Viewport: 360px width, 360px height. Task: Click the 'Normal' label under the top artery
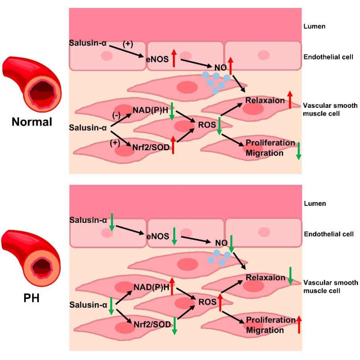[32, 122]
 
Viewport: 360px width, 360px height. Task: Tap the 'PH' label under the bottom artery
[31, 298]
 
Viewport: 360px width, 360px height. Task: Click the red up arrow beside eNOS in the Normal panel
[174, 58]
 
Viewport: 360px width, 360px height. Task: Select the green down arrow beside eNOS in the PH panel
[174, 236]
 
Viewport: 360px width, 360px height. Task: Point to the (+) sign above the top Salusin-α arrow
[128, 44]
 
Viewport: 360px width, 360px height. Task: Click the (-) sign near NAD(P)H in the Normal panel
[116, 115]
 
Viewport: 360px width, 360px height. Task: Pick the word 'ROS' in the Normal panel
[207, 125]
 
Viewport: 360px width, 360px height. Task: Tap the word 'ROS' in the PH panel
[207, 302]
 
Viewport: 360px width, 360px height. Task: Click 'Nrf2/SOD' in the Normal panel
[151, 147]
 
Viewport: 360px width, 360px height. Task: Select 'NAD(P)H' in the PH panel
[151, 287]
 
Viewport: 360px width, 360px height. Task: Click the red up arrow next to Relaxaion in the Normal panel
[290, 100]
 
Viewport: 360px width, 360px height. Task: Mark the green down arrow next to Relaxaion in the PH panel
[290, 276]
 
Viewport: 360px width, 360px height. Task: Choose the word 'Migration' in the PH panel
[265, 330]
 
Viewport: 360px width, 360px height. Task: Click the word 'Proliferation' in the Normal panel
[270, 143]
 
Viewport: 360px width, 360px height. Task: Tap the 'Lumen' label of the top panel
[314, 26]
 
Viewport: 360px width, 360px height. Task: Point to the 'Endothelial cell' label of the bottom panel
[329, 234]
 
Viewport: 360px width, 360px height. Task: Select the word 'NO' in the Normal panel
[221, 68]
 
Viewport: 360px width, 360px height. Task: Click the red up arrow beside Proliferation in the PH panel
[299, 324]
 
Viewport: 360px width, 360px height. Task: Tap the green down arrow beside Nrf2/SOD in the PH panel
[174, 326]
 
